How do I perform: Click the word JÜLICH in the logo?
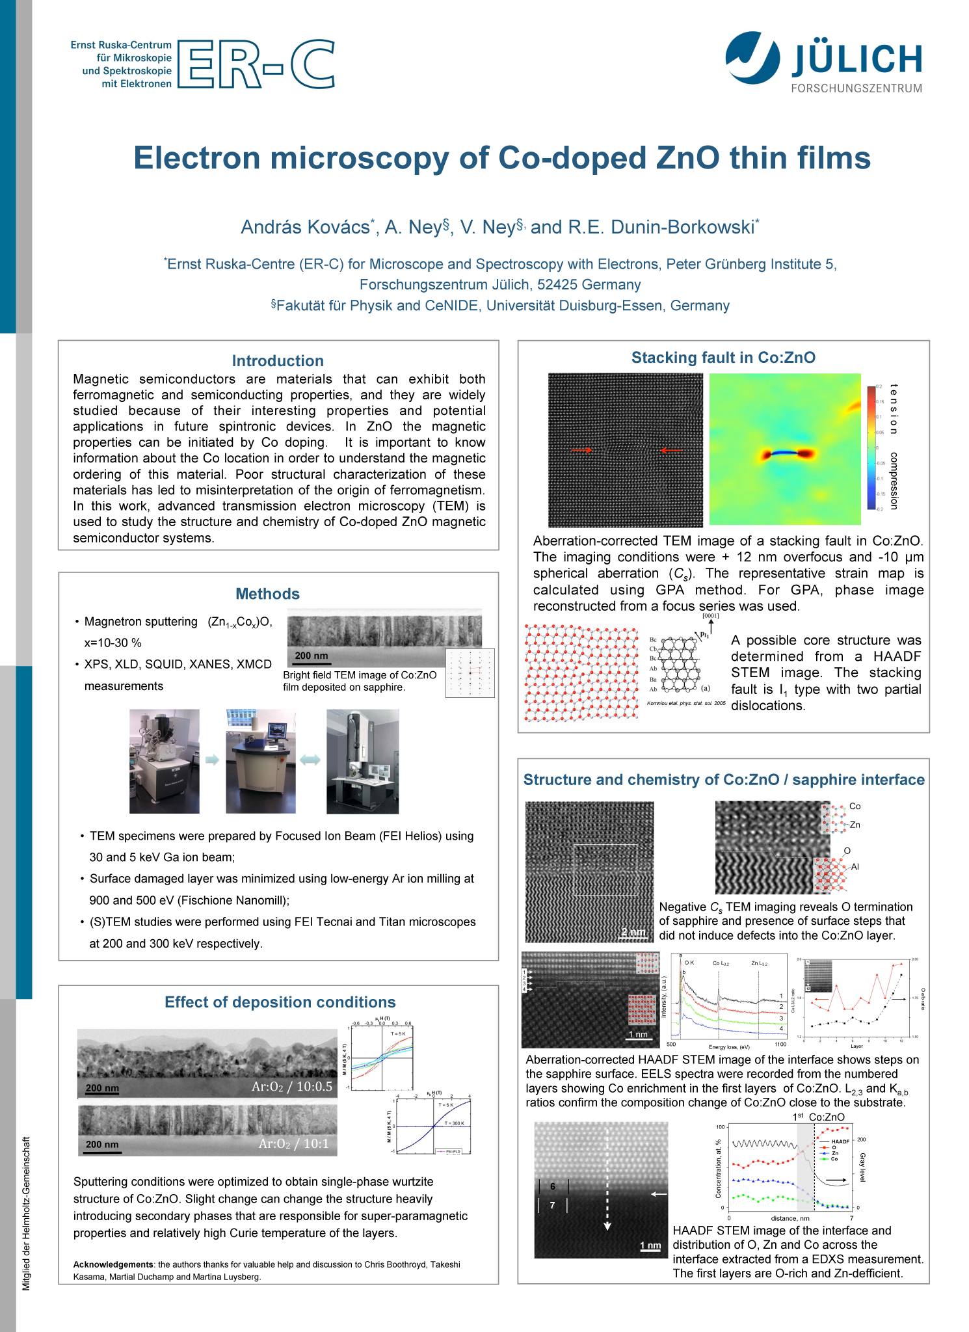click(x=856, y=60)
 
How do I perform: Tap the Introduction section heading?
click(x=278, y=361)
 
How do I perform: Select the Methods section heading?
click(x=267, y=594)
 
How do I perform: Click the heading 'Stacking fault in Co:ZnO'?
click(x=723, y=358)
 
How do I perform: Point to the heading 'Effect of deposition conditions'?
click(x=280, y=1002)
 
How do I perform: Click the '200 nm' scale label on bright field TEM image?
click(x=312, y=656)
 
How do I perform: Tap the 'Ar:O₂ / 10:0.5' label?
click(x=292, y=1087)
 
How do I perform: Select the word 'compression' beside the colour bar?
click(x=894, y=481)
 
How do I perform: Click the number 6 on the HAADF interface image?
click(x=552, y=1187)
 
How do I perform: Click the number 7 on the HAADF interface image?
click(x=552, y=1205)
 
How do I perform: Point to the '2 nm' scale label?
click(x=633, y=932)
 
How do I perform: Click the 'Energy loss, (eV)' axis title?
click(x=729, y=1047)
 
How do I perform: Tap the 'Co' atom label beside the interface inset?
click(x=855, y=806)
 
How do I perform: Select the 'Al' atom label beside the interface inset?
click(x=855, y=867)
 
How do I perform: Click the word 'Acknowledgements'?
click(x=113, y=1265)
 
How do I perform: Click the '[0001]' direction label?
click(x=710, y=616)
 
